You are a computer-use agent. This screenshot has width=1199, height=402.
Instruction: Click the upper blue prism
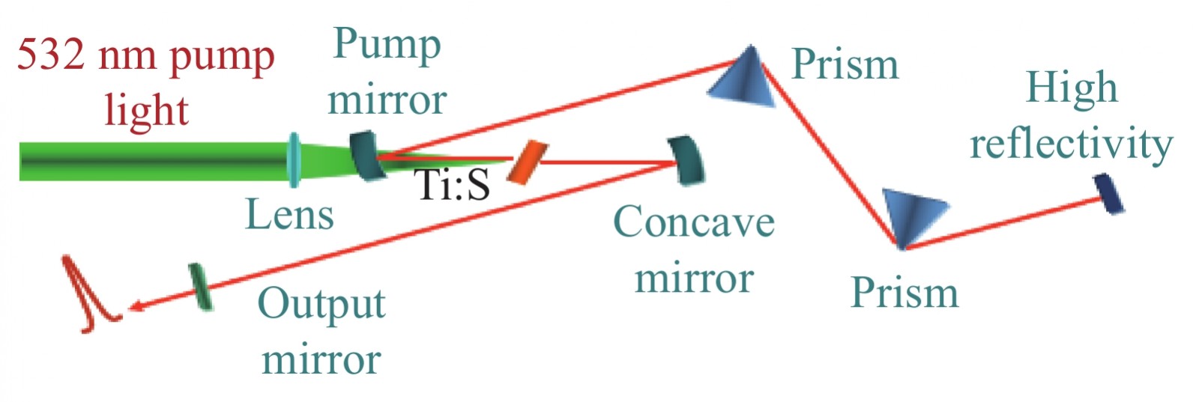tap(743, 76)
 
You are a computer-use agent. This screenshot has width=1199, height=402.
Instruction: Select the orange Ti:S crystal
tap(523, 162)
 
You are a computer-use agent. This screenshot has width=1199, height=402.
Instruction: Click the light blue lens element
tap(294, 159)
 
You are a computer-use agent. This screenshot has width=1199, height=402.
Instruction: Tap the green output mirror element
tap(200, 286)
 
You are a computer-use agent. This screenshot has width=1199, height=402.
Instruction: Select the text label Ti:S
tap(453, 184)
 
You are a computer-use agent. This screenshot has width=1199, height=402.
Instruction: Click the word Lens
tap(289, 214)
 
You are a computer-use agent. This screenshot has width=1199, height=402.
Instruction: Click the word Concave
tap(693, 222)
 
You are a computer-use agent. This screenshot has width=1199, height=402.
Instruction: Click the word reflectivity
tap(1071, 143)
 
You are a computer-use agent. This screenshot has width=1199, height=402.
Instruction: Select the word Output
tap(321, 305)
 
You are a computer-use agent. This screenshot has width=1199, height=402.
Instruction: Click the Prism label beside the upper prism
tap(845, 64)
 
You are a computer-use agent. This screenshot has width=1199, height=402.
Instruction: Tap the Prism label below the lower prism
tap(904, 293)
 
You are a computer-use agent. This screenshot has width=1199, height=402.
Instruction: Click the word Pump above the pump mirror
tap(387, 46)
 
